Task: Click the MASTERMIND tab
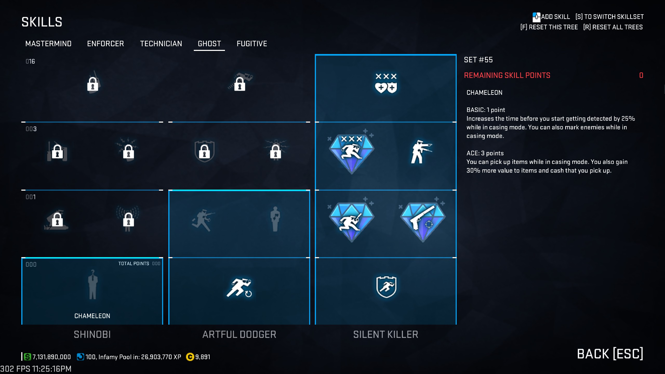[x=48, y=44]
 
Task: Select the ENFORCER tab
[x=105, y=44]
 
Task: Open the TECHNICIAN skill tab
[x=161, y=44]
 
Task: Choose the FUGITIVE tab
[x=252, y=44]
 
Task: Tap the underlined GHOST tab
[x=209, y=44]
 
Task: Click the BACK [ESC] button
[x=610, y=354]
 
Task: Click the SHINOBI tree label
[x=92, y=335]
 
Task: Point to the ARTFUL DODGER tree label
[x=239, y=335]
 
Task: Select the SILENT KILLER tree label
[x=386, y=335]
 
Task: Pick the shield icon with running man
[x=386, y=287]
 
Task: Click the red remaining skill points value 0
[x=641, y=75]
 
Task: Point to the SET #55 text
[x=478, y=60]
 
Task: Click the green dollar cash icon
[x=27, y=357]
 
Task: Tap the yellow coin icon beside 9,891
[x=190, y=357]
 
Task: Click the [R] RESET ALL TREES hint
[x=613, y=27]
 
